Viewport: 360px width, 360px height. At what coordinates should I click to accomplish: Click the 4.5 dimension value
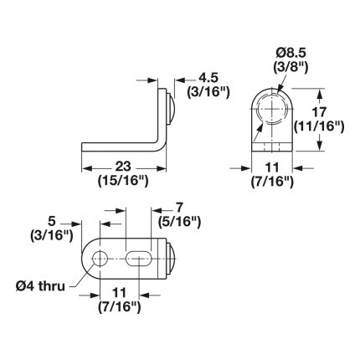point(208,78)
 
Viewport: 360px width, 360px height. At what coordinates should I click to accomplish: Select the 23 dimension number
point(123,167)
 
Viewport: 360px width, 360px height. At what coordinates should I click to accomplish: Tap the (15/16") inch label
point(123,182)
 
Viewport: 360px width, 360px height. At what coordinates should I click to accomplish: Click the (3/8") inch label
point(291,68)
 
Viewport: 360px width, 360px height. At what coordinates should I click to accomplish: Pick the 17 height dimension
point(319,112)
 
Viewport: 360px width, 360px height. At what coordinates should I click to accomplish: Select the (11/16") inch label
point(319,126)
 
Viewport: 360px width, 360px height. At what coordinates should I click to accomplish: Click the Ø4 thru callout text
point(40,286)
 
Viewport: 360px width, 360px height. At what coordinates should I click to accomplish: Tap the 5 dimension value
point(52,221)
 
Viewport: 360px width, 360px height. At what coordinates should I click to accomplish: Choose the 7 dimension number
point(179,208)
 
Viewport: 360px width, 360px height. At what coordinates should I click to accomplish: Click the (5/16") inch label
point(179,223)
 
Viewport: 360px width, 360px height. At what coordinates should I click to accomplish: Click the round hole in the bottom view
point(100,259)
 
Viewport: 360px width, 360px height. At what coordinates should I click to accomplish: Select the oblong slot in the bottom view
point(138,259)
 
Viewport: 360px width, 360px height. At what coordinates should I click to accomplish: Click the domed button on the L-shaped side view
point(170,109)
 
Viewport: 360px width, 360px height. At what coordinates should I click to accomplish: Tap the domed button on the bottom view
point(171,259)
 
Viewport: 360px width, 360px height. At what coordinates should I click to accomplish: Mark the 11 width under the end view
point(272,167)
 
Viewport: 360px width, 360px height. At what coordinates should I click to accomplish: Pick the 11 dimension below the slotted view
point(120,293)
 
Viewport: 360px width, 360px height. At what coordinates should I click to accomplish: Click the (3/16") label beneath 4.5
point(208,92)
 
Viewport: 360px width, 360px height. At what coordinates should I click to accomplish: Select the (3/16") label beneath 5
point(52,236)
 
